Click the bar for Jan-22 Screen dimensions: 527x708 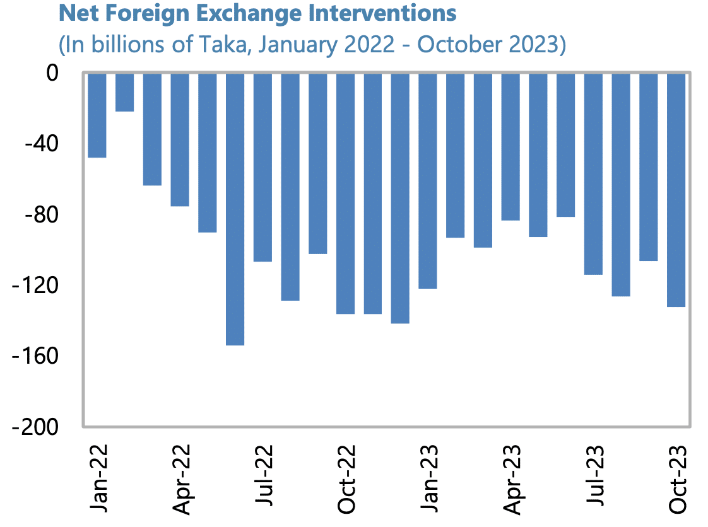pyautogui.click(x=97, y=115)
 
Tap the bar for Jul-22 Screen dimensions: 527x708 pyautogui.click(x=263, y=167)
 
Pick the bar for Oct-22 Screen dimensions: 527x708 pyautogui.click(x=345, y=193)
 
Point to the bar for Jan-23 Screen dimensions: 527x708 pyautogui.click(x=428, y=180)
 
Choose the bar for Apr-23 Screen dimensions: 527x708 pyautogui.click(x=510, y=146)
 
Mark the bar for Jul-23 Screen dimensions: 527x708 pyautogui.click(x=593, y=173)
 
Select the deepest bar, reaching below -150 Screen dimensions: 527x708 pyautogui.click(x=235, y=209)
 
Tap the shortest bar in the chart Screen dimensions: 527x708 pyautogui.click(x=124, y=92)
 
